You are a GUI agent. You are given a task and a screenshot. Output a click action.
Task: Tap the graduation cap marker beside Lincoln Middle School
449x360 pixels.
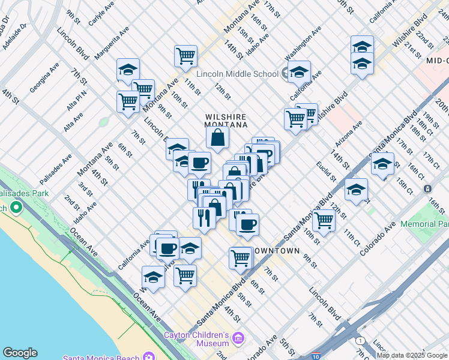tap(298, 73)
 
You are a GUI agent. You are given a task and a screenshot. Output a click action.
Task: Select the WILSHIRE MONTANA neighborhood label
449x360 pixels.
tap(227, 121)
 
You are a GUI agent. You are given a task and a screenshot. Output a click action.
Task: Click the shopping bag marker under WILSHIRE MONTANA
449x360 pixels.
tap(217, 138)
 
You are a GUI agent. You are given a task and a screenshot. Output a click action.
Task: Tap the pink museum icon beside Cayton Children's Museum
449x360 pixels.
tap(238, 338)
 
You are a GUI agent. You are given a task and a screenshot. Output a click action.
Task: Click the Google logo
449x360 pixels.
tap(19, 353)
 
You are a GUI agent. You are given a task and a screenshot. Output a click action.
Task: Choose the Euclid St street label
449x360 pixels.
tap(327, 171)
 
